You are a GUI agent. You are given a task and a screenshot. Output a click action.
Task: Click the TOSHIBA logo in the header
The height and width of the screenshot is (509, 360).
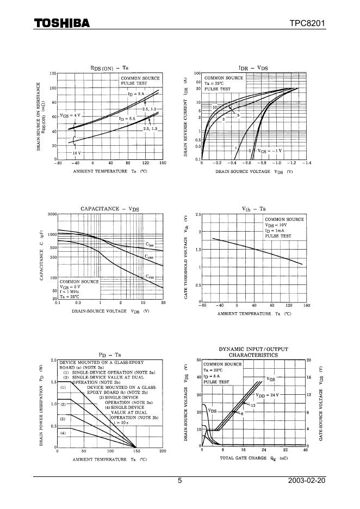[61, 23]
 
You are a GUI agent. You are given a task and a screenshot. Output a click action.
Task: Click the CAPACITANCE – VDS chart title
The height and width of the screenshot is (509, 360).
[109, 209]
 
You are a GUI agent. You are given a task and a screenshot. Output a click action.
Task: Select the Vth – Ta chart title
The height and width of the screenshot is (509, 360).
[253, 209]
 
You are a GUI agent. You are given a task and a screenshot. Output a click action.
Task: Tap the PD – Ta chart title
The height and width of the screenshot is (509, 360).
[109, 355]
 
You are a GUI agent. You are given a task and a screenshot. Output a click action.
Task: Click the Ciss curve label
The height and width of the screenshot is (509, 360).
[150, 244]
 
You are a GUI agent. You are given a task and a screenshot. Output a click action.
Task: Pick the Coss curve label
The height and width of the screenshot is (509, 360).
[149, 256]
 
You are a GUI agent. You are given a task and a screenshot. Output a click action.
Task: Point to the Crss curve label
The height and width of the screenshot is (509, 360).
[150, 276]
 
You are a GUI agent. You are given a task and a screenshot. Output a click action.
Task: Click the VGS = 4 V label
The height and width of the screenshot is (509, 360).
[70, 115]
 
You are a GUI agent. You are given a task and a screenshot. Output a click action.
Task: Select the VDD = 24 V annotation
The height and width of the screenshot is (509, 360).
[267, 395]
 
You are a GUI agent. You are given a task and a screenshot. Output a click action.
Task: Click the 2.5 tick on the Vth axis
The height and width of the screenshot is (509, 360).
[198, 214]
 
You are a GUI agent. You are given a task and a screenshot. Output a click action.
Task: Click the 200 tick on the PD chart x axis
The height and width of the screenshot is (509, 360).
[163, 451]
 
